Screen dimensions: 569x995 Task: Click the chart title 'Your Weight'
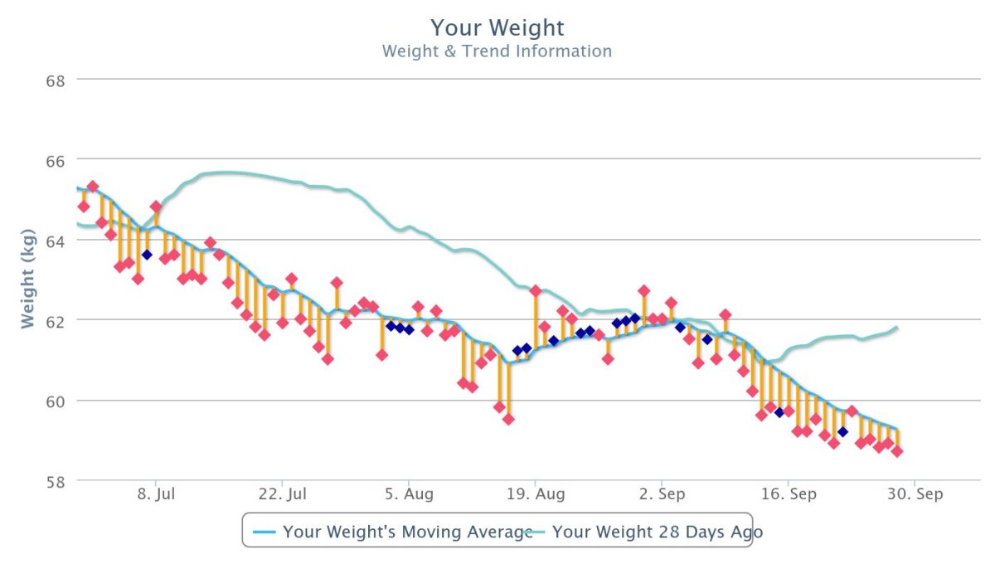pos(498,27)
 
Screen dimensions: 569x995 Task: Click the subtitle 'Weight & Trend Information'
pos(497,51)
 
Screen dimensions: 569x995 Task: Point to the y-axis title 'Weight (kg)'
pos(29,280)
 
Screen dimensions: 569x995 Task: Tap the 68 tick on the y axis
pos(55,80)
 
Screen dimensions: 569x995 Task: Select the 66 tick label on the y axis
pos(55,160)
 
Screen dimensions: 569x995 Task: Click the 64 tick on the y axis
pos(55,241)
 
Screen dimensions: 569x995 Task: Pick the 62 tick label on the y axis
pos(55,320)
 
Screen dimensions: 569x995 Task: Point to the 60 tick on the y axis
pos(55,401)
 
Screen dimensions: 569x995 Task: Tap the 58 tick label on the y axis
pos(55,481)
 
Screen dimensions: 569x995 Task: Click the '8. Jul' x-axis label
pos(155,494)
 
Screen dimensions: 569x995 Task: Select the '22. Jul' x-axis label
pos(282,494)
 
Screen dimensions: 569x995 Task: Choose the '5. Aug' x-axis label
pos(409,494)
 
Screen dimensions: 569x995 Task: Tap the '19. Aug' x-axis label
pos(536,494)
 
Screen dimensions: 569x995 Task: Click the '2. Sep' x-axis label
pos(662,494)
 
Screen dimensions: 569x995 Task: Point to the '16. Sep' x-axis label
pos(789,494)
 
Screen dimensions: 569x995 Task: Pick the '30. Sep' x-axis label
pos(915,494)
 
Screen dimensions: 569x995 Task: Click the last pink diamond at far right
pos(897,451)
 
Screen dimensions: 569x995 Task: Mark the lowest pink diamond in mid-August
pos(508,419)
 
